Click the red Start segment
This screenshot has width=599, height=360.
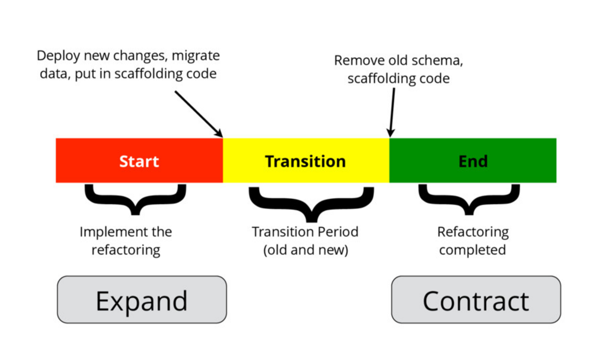[x=139, y=161]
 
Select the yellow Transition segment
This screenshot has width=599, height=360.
[x=305, y=161]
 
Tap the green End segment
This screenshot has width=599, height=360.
[x=473, y=161]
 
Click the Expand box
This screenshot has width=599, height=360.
[x=142, y=300]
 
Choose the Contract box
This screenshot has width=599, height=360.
[x=476, y=300]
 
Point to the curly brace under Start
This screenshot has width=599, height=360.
[x=135, y=200]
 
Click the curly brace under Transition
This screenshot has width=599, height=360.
[x=311, y=204]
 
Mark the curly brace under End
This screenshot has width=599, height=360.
[x=469, y=200]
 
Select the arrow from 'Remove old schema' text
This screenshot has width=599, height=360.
[x=392, y=112]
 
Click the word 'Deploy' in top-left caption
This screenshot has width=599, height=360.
[x=58, y=56]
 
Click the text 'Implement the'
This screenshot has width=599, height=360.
[x=126, y=232]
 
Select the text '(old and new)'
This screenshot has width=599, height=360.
[x=305, y=250]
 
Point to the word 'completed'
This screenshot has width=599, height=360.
[x=472, y=250]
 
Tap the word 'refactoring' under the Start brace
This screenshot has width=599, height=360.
[x=126, y=250]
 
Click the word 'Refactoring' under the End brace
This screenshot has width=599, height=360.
[x=473, y=232]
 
